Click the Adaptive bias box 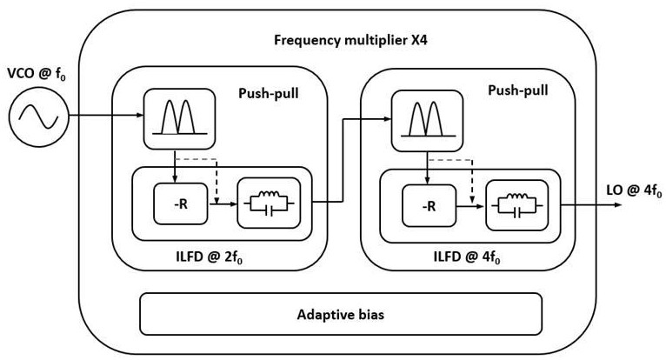coord(340,313)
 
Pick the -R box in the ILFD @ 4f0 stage coord(428,207)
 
